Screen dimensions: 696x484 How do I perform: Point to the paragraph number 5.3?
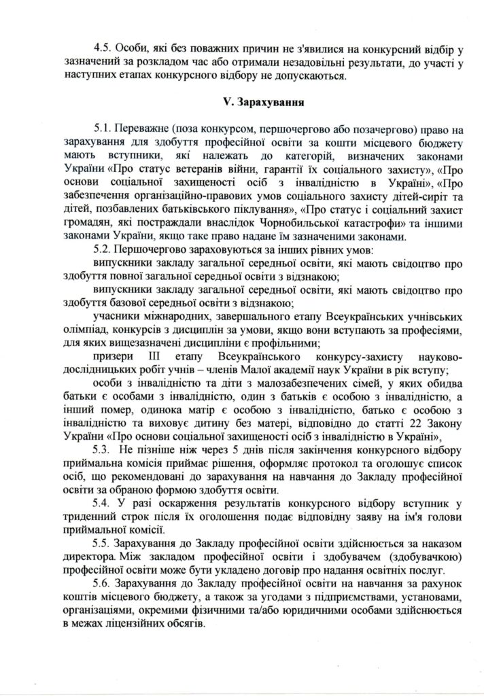(105, 451)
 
